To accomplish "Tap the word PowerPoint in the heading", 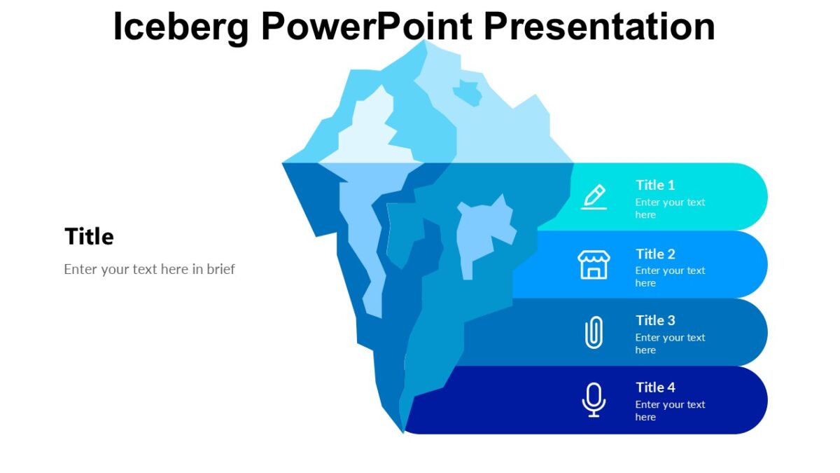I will [367, 27].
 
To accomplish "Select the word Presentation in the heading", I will [598, 27].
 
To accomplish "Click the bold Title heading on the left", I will [89, 237].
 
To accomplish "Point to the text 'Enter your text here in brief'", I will [149, 269].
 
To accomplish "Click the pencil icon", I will [594, 197].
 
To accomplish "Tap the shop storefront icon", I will [594, 265].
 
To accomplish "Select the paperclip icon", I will [594, 332].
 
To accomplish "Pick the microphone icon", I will [594, 399].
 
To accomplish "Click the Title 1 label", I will [655, 185].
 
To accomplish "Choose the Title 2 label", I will [655, 254].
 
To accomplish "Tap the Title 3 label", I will [655, 320].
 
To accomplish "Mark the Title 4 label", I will [655, 388].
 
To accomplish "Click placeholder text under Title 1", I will [670, 208].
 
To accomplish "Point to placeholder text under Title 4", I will [670, 411].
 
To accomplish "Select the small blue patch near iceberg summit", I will [467, 92].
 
